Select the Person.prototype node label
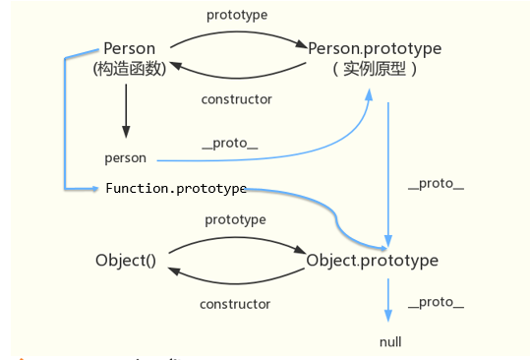coord(375,47)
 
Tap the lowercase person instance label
coord(125,157)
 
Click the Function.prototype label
coord(176,188)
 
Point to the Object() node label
coord(126,261)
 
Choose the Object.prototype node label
coord(373,261)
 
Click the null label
coord(390,341)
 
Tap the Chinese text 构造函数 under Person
coord(130,69)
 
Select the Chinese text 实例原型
coord(375,70)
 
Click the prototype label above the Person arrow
coord(236,15)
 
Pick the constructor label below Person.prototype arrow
coord(236,99)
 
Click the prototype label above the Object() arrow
coord(236,219)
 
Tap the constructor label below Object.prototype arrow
coord(236,305)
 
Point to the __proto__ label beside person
coord(229,143)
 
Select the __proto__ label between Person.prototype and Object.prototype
coord(436,185)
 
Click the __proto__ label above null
coord(436,302)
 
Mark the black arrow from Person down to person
coord(126,110)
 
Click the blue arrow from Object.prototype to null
coord(388,299)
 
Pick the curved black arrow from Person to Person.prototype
coord(236,33)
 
